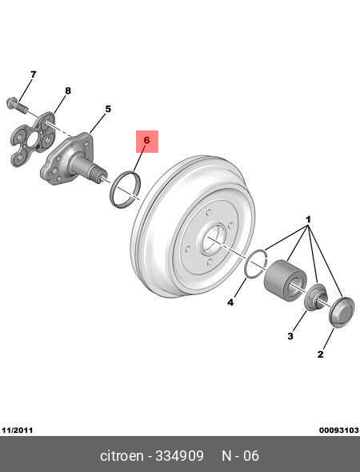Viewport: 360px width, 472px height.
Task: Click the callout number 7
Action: click(33, 74)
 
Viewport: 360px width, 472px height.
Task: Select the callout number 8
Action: click(68, 90)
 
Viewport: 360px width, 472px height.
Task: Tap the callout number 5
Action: click(108, 109)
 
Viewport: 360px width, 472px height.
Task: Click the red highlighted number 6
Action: click(147, 140)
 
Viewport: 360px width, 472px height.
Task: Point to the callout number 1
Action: click(308, 219)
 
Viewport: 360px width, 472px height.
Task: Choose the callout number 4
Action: click(230, 302)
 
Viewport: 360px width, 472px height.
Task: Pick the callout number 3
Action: click(290, 336)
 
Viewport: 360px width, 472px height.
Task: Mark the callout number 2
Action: click(320, 354)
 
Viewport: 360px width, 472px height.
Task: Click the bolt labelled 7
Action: click(16, 105)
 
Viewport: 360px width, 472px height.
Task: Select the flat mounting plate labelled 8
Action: click(33, 138)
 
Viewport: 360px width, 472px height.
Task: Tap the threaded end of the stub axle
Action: click(98, 174)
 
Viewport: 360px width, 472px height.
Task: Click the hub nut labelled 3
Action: click(315, 296)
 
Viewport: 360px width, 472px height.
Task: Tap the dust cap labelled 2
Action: click(342, 312)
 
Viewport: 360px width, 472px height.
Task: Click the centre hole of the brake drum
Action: click(213, 239)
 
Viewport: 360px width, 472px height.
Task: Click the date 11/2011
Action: click(17, 430)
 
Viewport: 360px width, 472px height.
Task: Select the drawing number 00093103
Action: click(339, 430)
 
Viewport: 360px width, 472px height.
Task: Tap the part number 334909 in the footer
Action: click(180, 456)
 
